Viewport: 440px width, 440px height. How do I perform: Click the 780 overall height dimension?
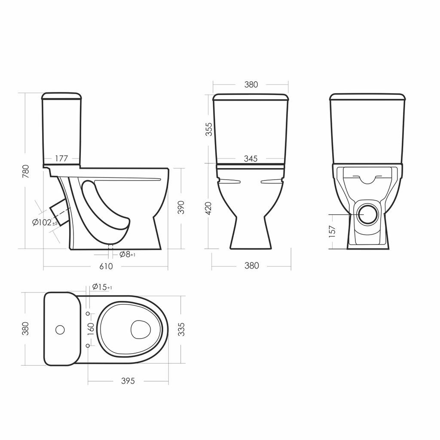(x=25, y=171)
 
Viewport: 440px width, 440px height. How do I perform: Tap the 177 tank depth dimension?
(x=61, y=159)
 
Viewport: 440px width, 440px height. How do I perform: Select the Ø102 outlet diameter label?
(x=45, y=223)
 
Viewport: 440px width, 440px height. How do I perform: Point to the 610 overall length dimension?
(x=106, y=266)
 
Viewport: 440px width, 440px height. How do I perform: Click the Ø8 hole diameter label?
(x=127, y=254)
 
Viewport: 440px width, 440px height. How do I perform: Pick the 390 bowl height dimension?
(x=181, y=208)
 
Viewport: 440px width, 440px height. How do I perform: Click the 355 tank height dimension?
(x=209, y=129)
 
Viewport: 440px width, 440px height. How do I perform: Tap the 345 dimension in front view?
(x=251, y=159)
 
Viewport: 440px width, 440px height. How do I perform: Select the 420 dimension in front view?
(x=209, y=208)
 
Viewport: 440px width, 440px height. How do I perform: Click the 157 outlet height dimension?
(x=332, y=232)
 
